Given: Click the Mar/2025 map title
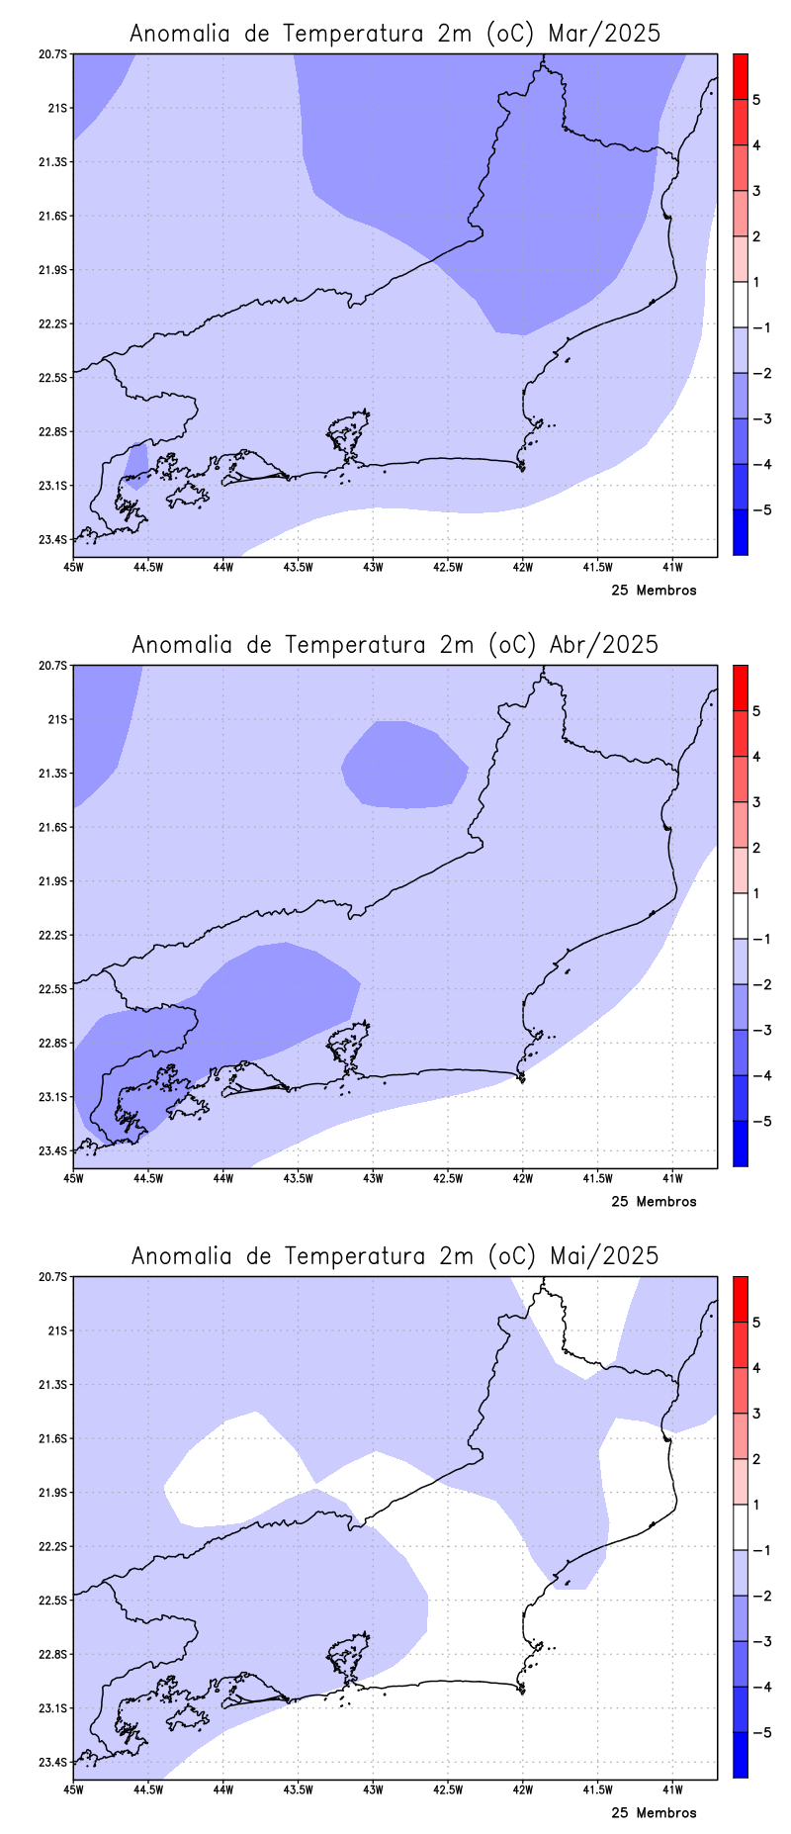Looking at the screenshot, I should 395,33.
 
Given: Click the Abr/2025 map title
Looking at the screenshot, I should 395,644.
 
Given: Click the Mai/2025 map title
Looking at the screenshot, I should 395,1255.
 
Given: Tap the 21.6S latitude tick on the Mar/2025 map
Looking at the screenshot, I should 54,216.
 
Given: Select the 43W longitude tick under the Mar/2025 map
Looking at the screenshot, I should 373,567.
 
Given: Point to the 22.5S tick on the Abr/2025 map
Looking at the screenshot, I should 54,989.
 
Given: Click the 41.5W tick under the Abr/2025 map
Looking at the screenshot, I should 597,1178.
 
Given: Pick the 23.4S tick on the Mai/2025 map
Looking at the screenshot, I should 54,1762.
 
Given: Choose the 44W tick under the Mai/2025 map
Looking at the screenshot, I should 222,1789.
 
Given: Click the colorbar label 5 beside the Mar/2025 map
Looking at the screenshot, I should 756,100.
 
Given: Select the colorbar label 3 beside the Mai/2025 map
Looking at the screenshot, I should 756,1414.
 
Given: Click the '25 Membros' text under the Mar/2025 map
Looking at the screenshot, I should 654,591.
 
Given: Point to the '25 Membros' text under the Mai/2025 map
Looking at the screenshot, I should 654,1813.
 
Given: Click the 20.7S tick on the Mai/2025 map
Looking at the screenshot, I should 54,1277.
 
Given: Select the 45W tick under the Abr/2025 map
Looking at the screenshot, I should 73,1178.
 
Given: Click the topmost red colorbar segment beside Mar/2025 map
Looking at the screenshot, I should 740,76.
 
